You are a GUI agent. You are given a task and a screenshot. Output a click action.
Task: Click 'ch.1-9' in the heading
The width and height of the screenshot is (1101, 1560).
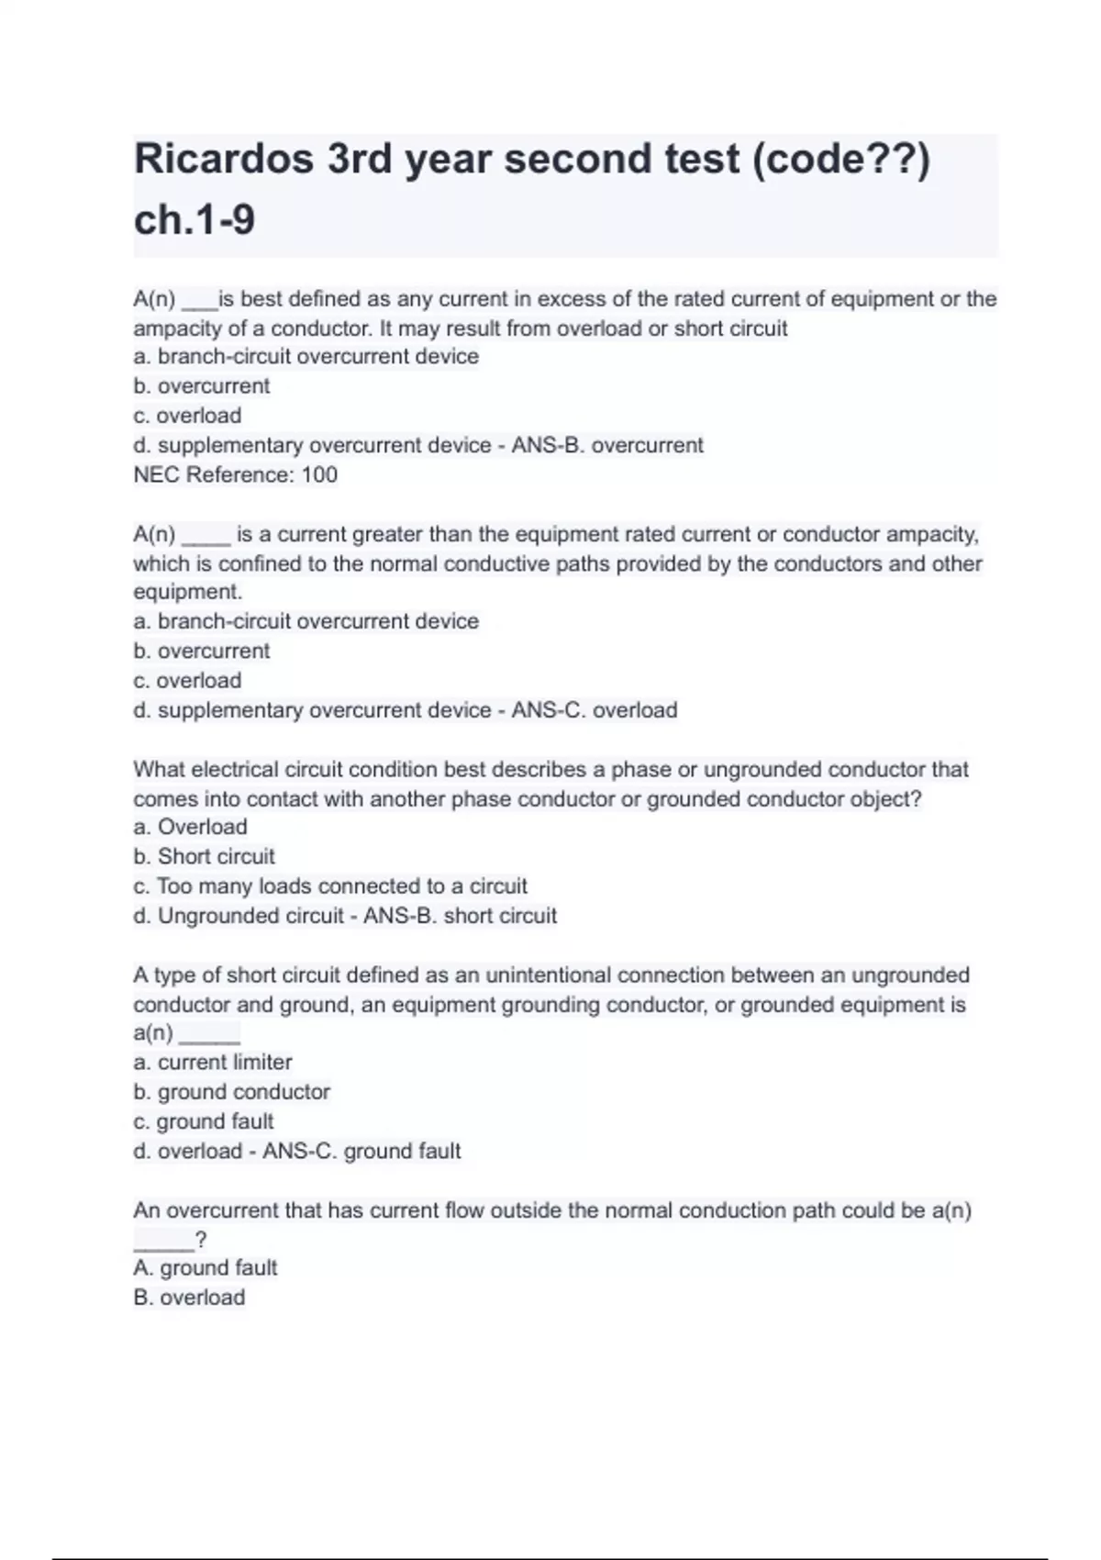point(195,220)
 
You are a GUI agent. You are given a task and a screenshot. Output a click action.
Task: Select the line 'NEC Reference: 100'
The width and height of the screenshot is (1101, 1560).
point(236,474)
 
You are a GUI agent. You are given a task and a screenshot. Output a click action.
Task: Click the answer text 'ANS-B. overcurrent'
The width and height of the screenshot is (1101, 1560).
point(607,445)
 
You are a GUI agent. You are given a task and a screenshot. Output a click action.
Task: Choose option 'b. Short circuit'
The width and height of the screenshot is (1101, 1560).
point(205,856)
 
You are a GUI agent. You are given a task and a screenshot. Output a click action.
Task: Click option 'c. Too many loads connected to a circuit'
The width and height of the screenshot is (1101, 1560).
point(330,886)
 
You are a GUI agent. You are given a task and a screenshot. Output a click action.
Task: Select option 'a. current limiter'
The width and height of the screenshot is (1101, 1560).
point(213,1063)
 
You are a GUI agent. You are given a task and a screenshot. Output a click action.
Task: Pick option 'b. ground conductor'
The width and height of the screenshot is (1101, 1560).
point(232,1092)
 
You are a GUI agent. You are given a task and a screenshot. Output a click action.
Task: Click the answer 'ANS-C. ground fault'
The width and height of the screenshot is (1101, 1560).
point(361,1151)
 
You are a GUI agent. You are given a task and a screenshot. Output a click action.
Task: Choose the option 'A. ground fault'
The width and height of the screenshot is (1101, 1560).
point(206,1268)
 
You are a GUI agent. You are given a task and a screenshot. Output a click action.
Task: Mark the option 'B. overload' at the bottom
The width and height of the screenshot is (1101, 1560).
point(189,1298)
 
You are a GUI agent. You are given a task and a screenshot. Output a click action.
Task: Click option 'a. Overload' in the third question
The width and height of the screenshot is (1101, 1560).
point(191,827)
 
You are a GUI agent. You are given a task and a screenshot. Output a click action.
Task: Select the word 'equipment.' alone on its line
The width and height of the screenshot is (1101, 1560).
point(188,592)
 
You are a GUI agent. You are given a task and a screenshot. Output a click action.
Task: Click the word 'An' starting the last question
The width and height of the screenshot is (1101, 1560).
point(147,1210)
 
